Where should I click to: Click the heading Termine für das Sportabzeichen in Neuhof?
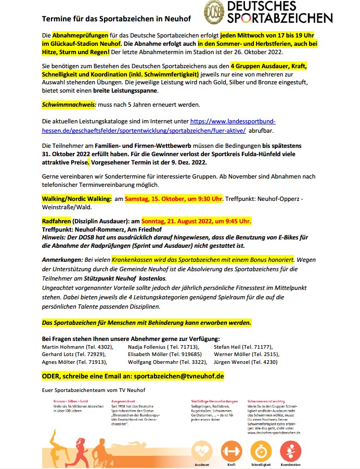point(116,19)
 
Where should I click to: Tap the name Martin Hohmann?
point(62,346)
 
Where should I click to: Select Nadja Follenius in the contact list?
point(147,346)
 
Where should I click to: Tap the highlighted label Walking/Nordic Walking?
point(76,198)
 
